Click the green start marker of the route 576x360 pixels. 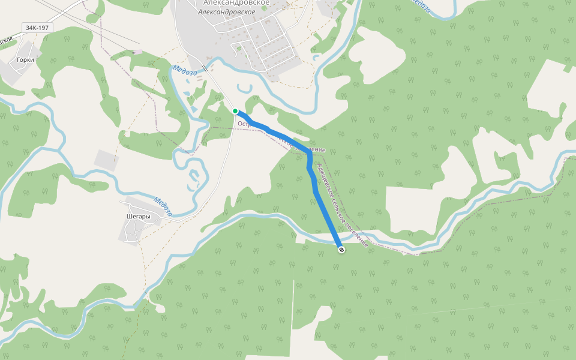235,110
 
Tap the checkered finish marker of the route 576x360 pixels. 341,249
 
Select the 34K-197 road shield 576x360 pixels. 37,28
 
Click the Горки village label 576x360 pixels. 25,60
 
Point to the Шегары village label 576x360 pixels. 137,217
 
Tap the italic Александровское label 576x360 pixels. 226,12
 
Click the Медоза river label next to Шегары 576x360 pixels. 162,206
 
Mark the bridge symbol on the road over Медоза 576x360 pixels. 205,68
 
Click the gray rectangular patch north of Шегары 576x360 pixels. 106,160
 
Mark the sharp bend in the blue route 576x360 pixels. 309,154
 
